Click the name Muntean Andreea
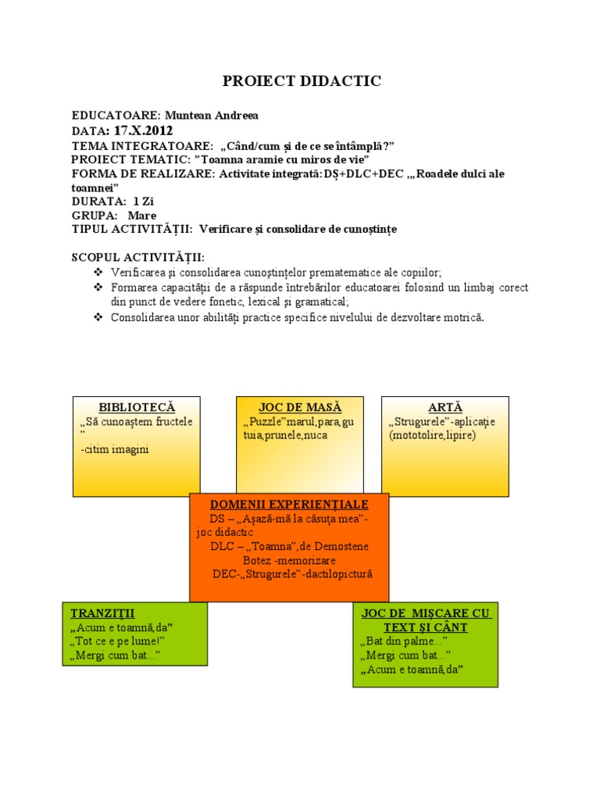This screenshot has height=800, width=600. (x=211, y=116)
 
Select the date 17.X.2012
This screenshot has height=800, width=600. (x=144, y=130)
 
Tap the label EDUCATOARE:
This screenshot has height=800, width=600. (x=116, y=116)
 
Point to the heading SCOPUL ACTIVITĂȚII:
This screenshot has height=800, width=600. (x=138, y=258)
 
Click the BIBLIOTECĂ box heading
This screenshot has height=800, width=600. (x=137, y=407)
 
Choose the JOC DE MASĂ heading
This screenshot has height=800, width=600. (x=300, y=407)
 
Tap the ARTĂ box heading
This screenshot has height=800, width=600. (x=445, y=407)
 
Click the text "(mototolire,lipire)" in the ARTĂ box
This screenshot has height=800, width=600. (x=432, y=435)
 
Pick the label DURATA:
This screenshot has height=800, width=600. (x=98, y=201)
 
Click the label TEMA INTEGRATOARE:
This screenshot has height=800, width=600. (x=141, y=146)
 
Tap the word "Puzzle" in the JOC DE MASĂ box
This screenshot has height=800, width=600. (x=262, y=422)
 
